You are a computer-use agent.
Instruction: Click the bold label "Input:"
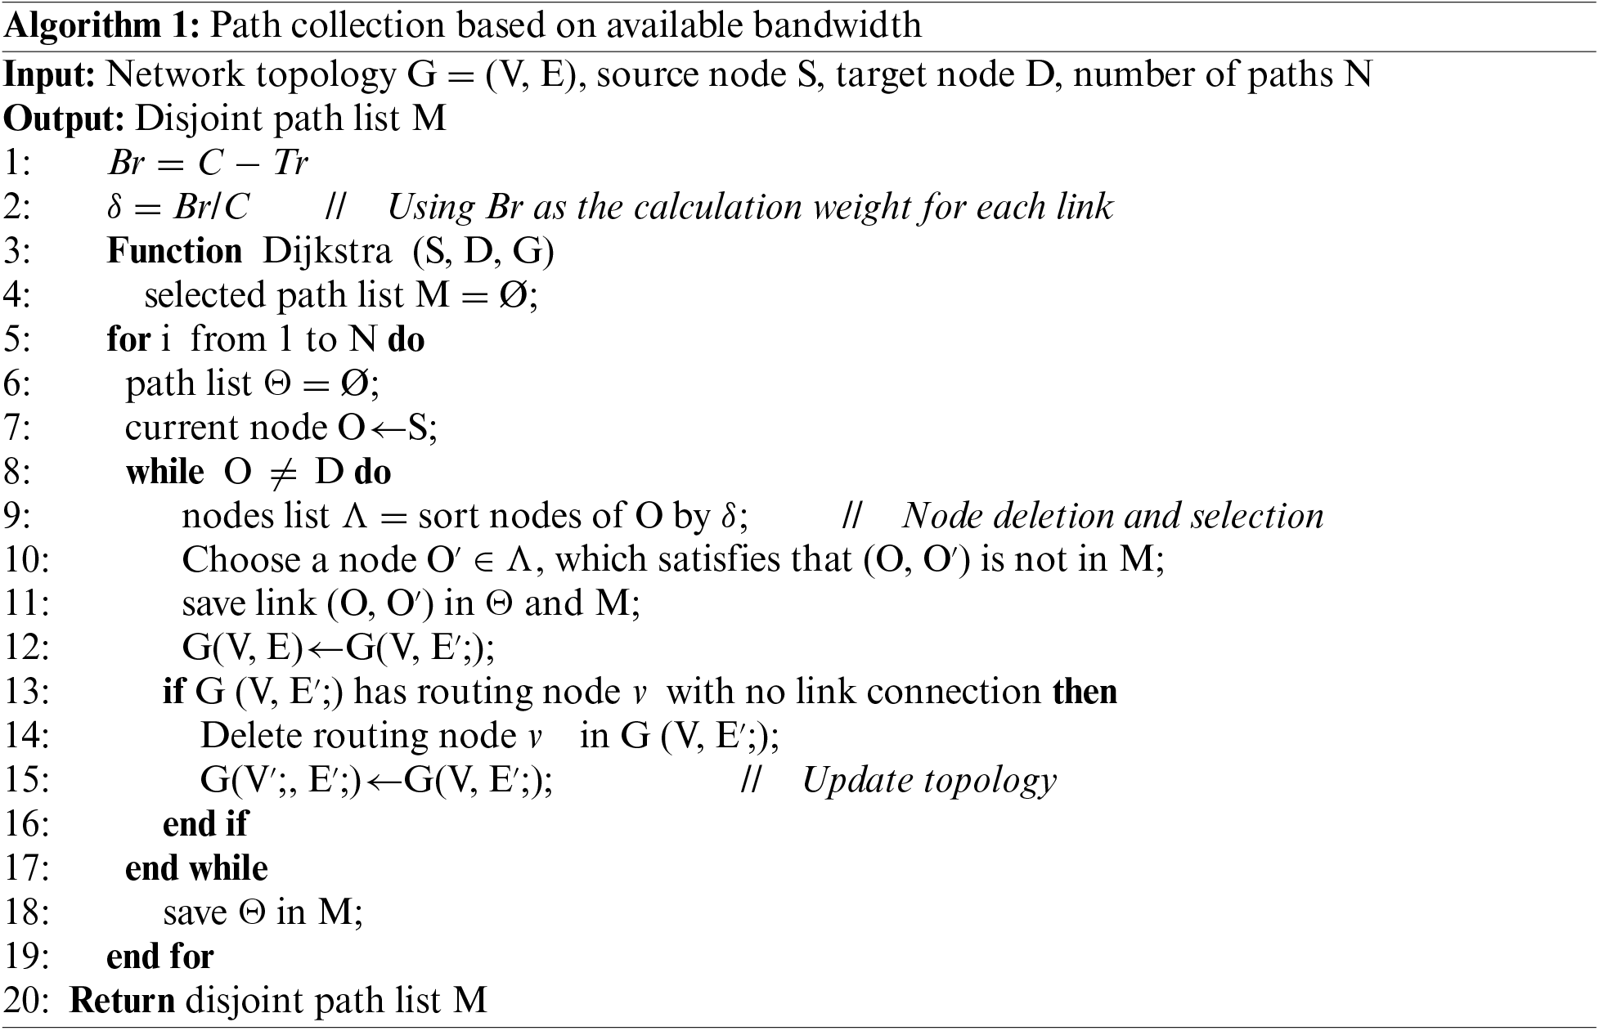click(50, 74)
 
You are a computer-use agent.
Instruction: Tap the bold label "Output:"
click(64, 119)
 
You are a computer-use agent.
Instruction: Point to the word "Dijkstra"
click(326, 251)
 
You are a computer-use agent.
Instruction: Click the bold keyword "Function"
click(174, 251)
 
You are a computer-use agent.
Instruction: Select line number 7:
click(17, 428)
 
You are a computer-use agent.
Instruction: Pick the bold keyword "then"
click(1085, 693)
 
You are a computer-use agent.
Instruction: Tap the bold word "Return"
click(122, 1001)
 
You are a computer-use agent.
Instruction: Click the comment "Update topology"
click(928, 781)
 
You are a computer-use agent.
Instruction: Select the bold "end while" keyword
click(196, 868)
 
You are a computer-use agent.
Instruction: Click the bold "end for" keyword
click(160, 957)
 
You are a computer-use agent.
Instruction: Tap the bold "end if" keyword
click(205, 824)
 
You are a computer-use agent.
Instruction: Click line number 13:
click(26, 693)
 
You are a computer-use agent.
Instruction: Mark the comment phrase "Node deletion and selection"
click(1112, 516)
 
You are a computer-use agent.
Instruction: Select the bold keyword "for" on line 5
click(128, 339)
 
